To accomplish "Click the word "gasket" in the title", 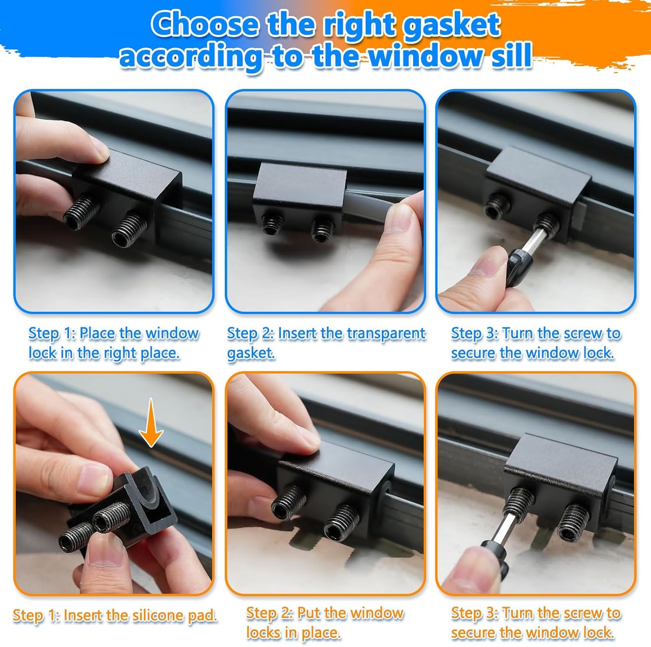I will tap(451, 25).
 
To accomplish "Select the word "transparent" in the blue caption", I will tap(386, 333).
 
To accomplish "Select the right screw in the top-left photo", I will tap(129, 230).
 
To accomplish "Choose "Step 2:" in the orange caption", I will tap(269, 614).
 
